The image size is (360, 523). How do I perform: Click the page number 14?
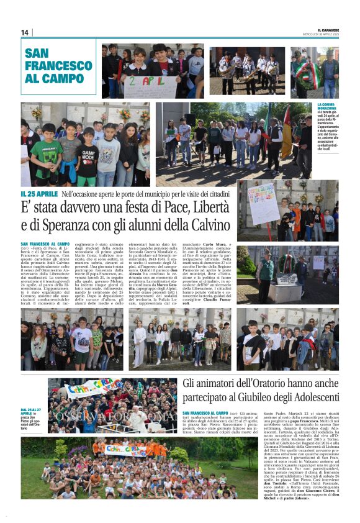point(25,32)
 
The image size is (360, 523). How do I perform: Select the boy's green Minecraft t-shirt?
point(46,155)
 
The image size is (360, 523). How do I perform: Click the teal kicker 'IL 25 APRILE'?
point(40,194)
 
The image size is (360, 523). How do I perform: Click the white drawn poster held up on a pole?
point(262,203)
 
